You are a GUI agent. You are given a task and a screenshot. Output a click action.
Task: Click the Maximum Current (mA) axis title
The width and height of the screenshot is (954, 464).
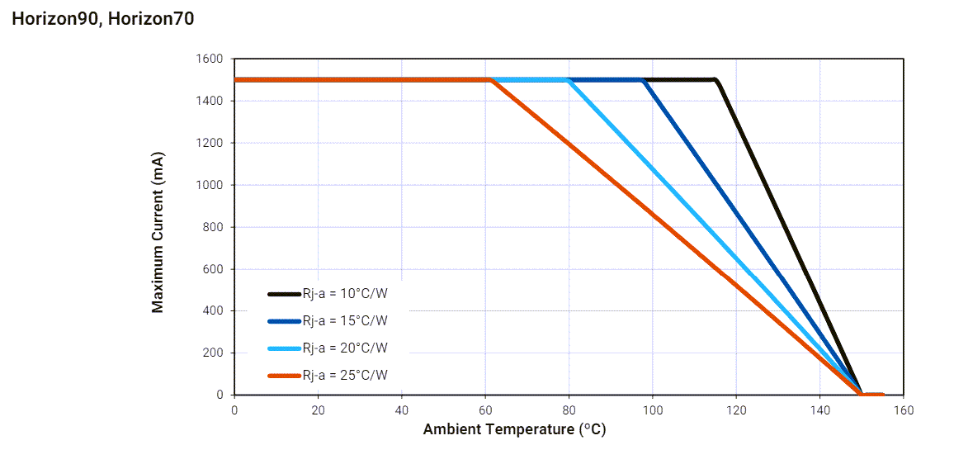tap(157, 232)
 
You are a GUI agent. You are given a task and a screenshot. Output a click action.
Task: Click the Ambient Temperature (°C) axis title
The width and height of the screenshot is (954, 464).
tap(514, 429)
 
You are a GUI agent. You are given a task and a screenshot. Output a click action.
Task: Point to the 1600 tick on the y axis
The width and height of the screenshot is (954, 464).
tap(210, 59)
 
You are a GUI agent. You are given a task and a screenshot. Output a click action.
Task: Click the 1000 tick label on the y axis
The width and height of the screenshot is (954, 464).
tap(210, 185)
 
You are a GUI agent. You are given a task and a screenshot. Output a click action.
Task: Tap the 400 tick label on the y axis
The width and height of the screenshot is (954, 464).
tap(213, 311)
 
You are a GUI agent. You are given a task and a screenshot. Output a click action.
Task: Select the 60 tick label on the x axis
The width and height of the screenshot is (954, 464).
tap(485, 410)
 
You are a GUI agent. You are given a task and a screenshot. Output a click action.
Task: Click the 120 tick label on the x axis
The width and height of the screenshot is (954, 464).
tap(736, 410)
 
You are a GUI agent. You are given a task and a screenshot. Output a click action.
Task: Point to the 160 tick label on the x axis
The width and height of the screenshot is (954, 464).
tap(904, 410)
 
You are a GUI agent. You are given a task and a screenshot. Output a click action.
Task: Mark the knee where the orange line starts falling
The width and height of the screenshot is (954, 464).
tap(492, 80)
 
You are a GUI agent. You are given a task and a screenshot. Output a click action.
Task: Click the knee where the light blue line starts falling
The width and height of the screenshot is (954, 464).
tap(569, 80)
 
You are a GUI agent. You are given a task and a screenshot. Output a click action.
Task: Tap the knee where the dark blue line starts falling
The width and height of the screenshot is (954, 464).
tap(643, 80)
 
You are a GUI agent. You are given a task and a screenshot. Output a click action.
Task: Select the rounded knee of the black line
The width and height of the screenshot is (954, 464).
tap(716, 81)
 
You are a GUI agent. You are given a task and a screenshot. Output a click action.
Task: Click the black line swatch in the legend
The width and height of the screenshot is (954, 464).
tap(284, 293)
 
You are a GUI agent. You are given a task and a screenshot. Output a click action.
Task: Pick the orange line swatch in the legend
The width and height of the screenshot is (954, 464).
tap(284, 375)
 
